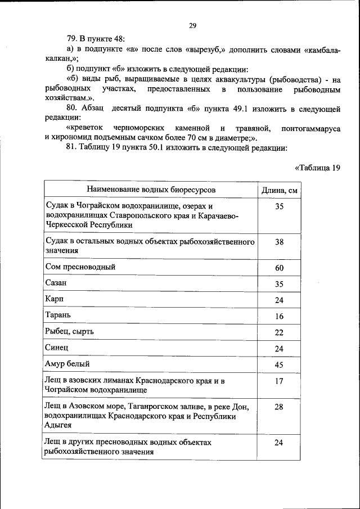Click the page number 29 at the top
click(192, 25)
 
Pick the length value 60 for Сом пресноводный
click(279, 268)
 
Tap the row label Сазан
click(56, 283)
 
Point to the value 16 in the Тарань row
click(279, 316)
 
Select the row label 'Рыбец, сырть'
click(69, 332)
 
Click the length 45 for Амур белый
click(279, 364)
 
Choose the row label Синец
click(56, 348)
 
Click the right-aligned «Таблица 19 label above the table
click(317, 167)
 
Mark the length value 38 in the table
click(279, 242)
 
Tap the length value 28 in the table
click(279, 407)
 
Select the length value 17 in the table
click(279, 381)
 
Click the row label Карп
click(53, 300)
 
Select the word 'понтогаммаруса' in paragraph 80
click(313, 129)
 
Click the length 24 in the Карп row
click(279, 300)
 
